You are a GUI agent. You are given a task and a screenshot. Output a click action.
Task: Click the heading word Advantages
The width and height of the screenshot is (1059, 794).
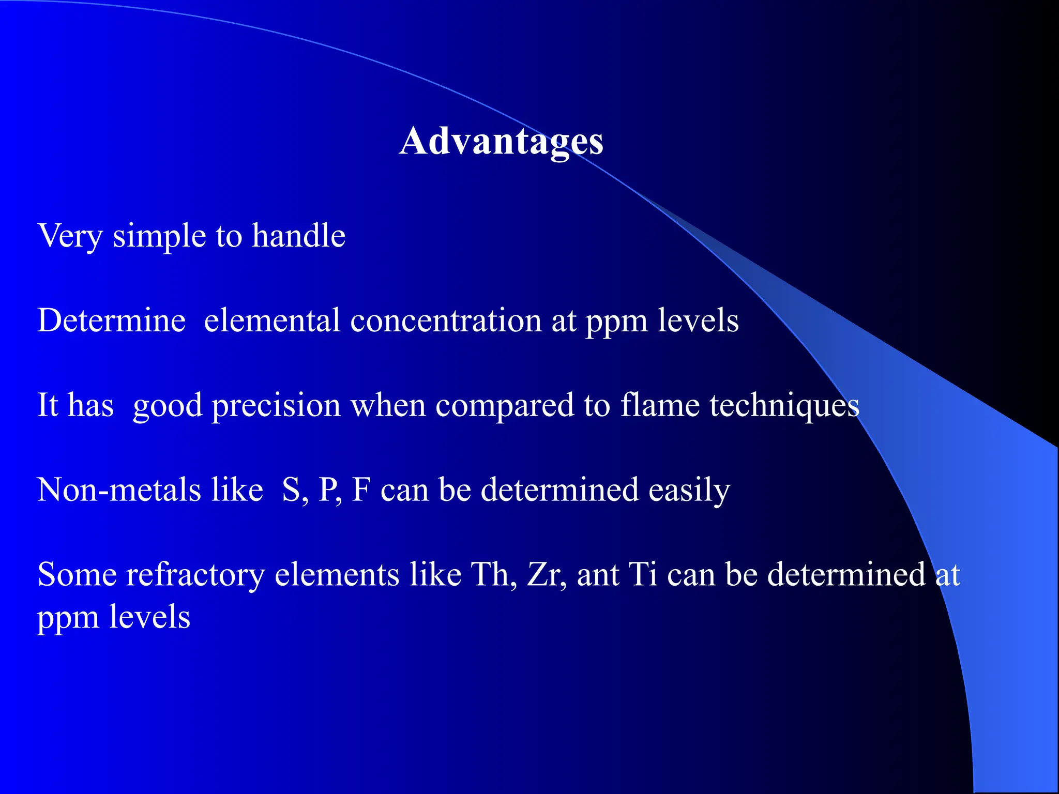[x=501, y=141]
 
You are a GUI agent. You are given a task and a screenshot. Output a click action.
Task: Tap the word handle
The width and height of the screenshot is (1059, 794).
[x=298, y=236]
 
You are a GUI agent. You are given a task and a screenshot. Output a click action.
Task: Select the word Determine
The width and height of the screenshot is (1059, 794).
[x=111, y=320]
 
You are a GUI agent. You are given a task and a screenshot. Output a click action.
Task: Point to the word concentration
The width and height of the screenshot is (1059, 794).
[x=445, y=320]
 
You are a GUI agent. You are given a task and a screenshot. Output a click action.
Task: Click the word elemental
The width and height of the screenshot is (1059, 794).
[x=271, y=320]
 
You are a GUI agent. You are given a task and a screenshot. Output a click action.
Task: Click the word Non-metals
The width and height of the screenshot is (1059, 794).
[x=118, y=490]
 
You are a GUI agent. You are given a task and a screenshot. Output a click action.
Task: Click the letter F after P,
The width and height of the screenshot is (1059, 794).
[x=361, y=490]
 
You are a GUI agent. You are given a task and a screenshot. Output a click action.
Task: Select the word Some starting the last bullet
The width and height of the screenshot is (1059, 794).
[x=77, y=575]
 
